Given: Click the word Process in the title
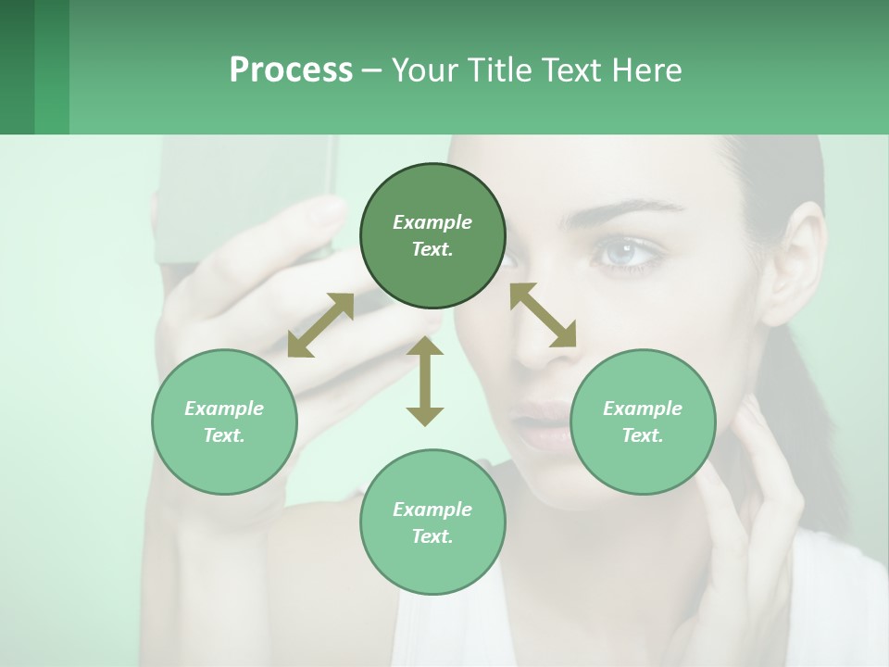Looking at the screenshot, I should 291,69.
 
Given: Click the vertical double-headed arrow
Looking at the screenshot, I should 425,381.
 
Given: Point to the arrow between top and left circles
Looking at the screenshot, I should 320,325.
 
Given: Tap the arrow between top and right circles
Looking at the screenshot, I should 543,315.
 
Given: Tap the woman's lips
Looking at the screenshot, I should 546,426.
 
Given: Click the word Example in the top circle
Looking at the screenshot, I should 432,222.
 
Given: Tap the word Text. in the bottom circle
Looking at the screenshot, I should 432,536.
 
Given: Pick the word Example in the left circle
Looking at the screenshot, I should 224,409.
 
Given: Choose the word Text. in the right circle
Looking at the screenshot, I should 643,435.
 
